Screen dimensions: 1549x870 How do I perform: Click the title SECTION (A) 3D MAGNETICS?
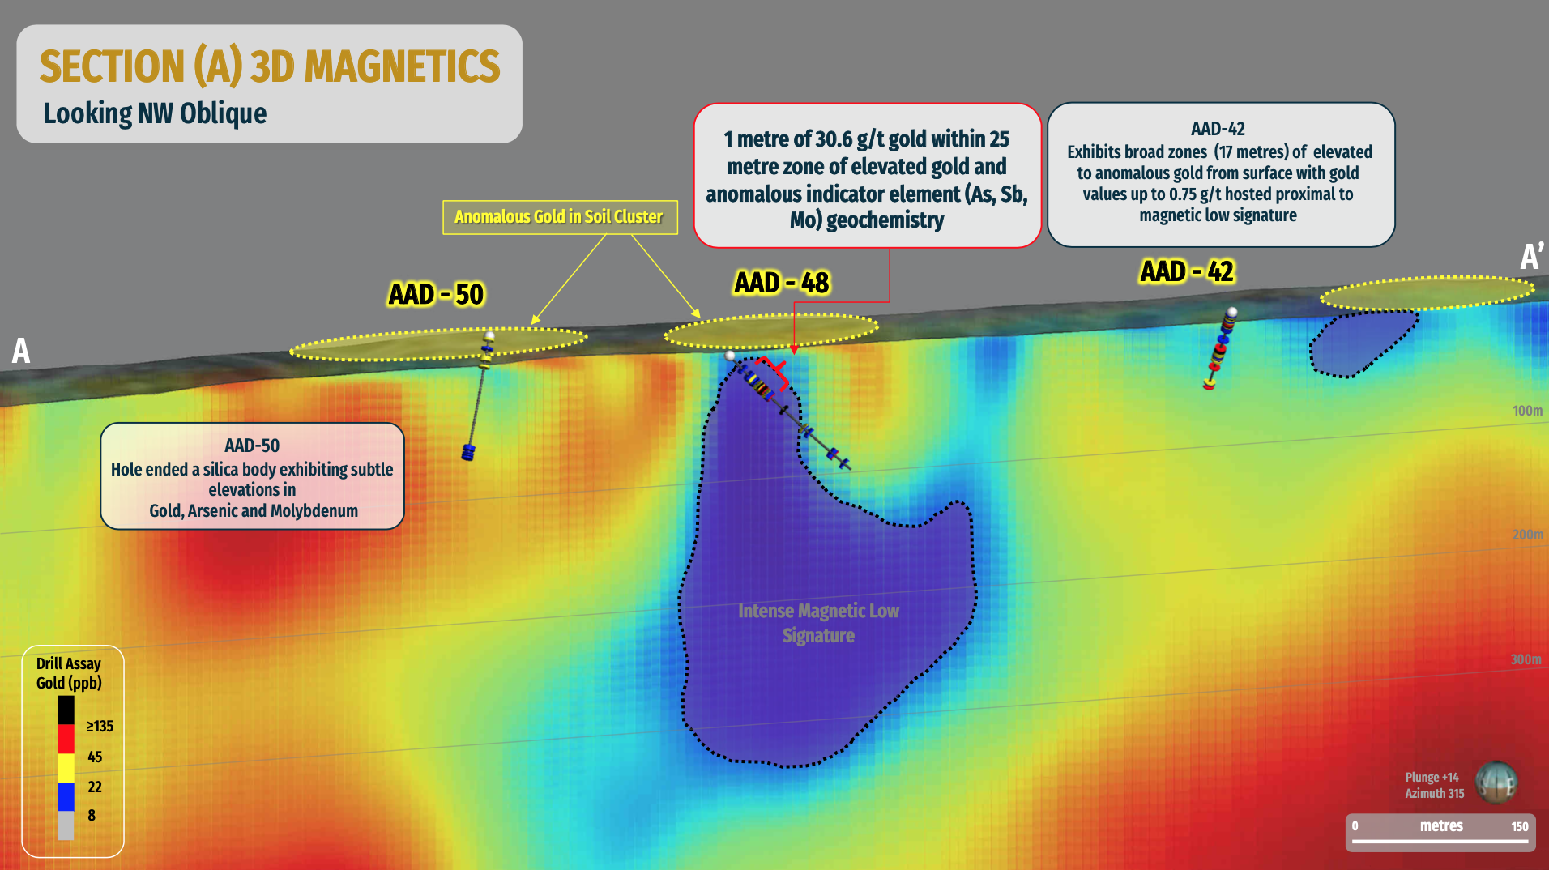[x=270, y=66]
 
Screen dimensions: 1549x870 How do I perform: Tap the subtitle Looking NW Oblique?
[x=155, y=113]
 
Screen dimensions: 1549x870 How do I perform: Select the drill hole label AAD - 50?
[x=436, y=294]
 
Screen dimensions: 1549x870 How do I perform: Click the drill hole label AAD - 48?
[x=782, y=283]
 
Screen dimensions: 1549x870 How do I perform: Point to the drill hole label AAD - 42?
[x=1187, y=271]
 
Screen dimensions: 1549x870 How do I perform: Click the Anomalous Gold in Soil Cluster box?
[x=560, y=217]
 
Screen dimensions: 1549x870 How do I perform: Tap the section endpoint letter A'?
[x=1530, y=257]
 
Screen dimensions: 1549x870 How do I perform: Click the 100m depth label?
[x=1527, y=411]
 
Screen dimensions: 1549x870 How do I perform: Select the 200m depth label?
[x=1527, y=535]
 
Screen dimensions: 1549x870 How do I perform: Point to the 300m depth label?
[x=1526, y=659]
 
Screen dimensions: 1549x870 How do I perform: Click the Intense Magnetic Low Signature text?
[x=818, y=623]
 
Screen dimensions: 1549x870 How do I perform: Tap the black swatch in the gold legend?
[x=66, y=710]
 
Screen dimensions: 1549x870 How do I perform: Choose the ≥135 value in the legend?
[x=100, y=727]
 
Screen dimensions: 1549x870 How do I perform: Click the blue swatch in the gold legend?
[x=66, y=797]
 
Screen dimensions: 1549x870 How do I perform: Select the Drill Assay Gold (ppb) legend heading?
[x=69, y=673]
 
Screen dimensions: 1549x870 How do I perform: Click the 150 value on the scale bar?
[x=1519, y=827]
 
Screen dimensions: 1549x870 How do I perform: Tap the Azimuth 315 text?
[x=1434, y=794]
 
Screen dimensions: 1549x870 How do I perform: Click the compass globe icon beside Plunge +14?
[x=1496, y=783]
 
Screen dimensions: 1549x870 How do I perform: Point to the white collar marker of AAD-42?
[x=1232, y=312]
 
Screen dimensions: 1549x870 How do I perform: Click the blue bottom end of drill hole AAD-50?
[x=467, y=452]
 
